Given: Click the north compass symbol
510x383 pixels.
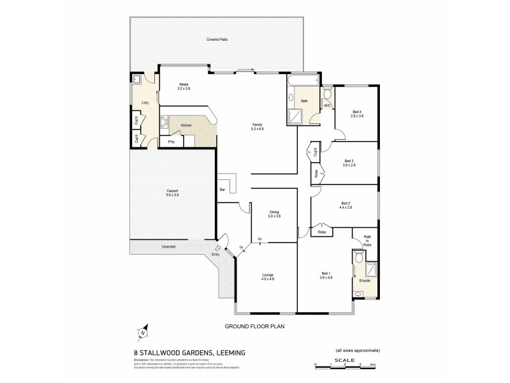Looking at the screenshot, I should pos(143,332).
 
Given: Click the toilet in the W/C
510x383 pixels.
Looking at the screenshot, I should pos(326,94).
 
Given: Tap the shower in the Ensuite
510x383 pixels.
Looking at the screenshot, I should pos(371,269).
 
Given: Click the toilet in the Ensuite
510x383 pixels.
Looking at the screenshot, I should pos(358,257).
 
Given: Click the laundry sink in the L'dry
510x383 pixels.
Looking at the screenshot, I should pos(138,80).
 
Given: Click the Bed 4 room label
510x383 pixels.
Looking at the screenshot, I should pos(356,111).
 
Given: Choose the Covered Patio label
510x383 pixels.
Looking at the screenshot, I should pos(217,40).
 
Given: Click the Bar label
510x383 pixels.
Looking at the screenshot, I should pos(222,190).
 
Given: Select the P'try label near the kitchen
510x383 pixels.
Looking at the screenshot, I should pos(171,142).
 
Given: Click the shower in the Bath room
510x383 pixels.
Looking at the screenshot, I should pos(296,116).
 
